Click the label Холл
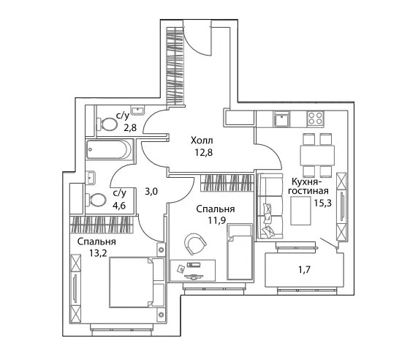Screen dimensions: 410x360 (202, 140)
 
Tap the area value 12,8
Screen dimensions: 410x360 (204, 152)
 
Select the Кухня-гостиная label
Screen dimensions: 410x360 (308, 186)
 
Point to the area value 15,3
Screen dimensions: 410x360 (323, 203)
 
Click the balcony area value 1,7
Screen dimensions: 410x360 (305, 269)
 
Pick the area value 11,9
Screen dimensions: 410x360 (217, 221)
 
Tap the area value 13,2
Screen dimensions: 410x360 (98, 253)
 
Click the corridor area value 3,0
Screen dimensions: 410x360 (151, 192)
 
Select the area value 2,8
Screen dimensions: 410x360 (130, 127)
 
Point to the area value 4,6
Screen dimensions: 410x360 (119, 206)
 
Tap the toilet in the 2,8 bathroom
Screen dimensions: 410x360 (107, 124)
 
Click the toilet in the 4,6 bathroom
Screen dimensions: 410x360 (96, 200)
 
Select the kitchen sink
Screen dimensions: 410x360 (281, 119)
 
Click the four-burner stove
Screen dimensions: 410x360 (316, 118)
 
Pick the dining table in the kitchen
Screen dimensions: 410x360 (317, 156)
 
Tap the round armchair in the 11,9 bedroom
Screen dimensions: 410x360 (195, 244)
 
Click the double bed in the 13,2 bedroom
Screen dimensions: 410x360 (137, 282)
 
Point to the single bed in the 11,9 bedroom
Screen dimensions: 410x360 (240, 252)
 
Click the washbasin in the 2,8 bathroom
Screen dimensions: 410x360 (137, 110)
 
